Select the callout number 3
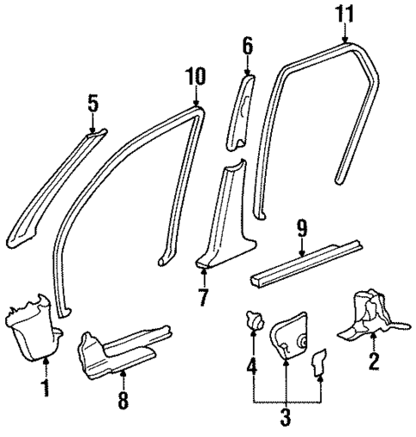(286, 419)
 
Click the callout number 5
(92, 105)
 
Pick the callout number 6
(247, 46)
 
